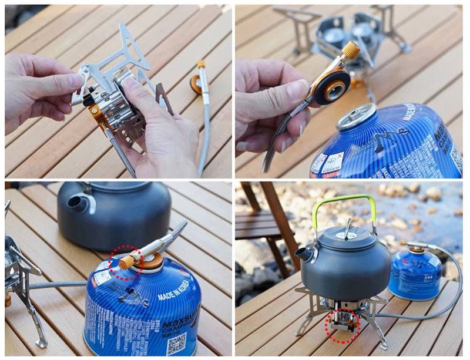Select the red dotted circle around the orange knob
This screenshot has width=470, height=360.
pos(126,263)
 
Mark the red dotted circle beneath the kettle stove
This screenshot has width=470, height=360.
pos(343,326)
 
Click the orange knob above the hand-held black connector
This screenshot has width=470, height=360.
pos(351,50)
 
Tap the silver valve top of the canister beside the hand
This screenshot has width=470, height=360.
pos(355,116)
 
